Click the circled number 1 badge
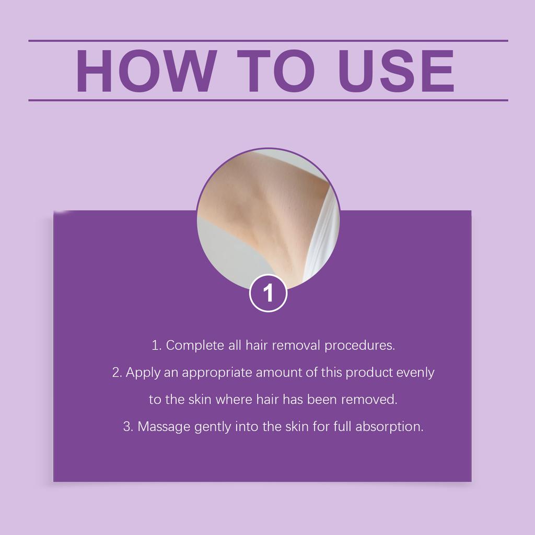268,293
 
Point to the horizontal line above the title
268,40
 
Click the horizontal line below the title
268,100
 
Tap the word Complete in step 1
195,346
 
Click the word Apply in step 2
143,373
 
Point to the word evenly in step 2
415,373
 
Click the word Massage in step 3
164,427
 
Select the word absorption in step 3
389,427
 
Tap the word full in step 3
342,426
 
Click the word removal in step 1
298,346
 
